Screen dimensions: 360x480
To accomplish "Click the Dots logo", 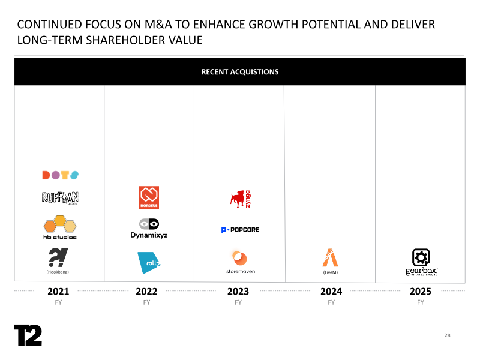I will click(60, 175).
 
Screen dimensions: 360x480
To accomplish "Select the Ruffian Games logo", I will click(60, 198).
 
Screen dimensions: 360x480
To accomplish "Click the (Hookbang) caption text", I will click(58, 272).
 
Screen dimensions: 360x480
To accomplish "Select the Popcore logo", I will click(240, 230).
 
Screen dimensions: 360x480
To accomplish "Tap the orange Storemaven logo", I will click(240, 259).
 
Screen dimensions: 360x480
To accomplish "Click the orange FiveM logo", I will click(330, 257).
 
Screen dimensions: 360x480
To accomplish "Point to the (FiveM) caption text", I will click(331, 272).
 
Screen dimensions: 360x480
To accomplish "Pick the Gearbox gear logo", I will click(421, 258).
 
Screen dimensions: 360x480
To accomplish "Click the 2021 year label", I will click(58, 292).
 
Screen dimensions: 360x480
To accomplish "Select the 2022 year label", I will click(146, 292).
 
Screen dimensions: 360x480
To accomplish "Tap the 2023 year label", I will click(238, 292).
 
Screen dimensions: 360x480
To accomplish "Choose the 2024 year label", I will click(331, 292).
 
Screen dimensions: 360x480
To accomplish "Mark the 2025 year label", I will click(421, 292).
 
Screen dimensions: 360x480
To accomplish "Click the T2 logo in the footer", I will click(28, 335).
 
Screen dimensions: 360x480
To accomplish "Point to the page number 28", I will click(448, 335).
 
